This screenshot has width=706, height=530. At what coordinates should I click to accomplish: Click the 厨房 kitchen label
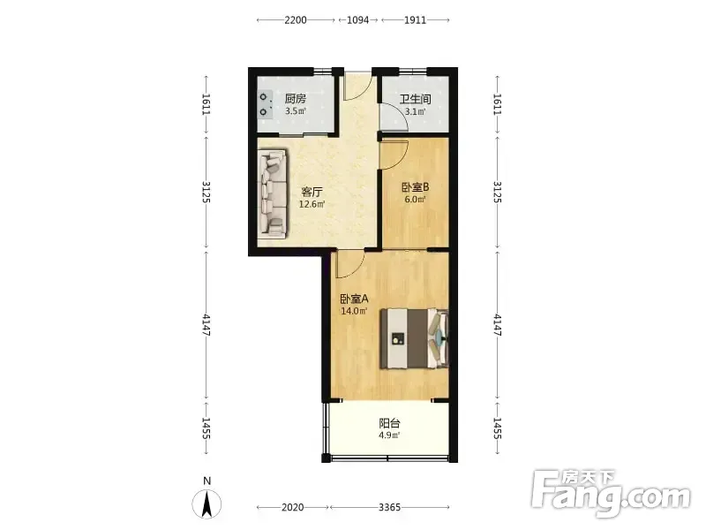point(296,99)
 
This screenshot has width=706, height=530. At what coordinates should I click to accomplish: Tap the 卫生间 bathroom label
point(415,99)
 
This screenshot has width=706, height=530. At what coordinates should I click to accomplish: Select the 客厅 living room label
point(312,192)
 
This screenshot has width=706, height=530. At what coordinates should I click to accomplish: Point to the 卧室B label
point(415,187)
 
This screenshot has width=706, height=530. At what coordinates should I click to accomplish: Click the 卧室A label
point(355,299)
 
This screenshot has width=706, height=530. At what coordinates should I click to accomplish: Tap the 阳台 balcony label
point(389,423)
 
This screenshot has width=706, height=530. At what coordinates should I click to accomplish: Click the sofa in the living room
point(274,193)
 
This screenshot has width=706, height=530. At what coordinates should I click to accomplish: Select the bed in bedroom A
point(414,338)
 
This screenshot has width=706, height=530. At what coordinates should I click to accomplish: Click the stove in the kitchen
point(266,104)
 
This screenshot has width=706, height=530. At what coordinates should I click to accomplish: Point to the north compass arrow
point(207,503)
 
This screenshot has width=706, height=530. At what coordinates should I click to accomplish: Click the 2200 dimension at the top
point(296,19)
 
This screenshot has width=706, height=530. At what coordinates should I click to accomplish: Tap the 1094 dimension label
point(358,19)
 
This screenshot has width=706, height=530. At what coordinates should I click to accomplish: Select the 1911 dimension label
point(415,19)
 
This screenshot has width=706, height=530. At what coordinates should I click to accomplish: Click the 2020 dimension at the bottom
point(293,507)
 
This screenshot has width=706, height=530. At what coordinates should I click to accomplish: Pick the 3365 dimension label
point(389,507)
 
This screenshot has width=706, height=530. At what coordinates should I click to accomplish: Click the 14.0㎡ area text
point(354,311)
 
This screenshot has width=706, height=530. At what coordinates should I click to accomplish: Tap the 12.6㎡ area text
point(312,204)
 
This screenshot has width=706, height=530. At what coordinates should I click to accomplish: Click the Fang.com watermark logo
point(611,494)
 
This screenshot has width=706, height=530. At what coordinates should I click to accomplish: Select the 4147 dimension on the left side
point(207,325)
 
